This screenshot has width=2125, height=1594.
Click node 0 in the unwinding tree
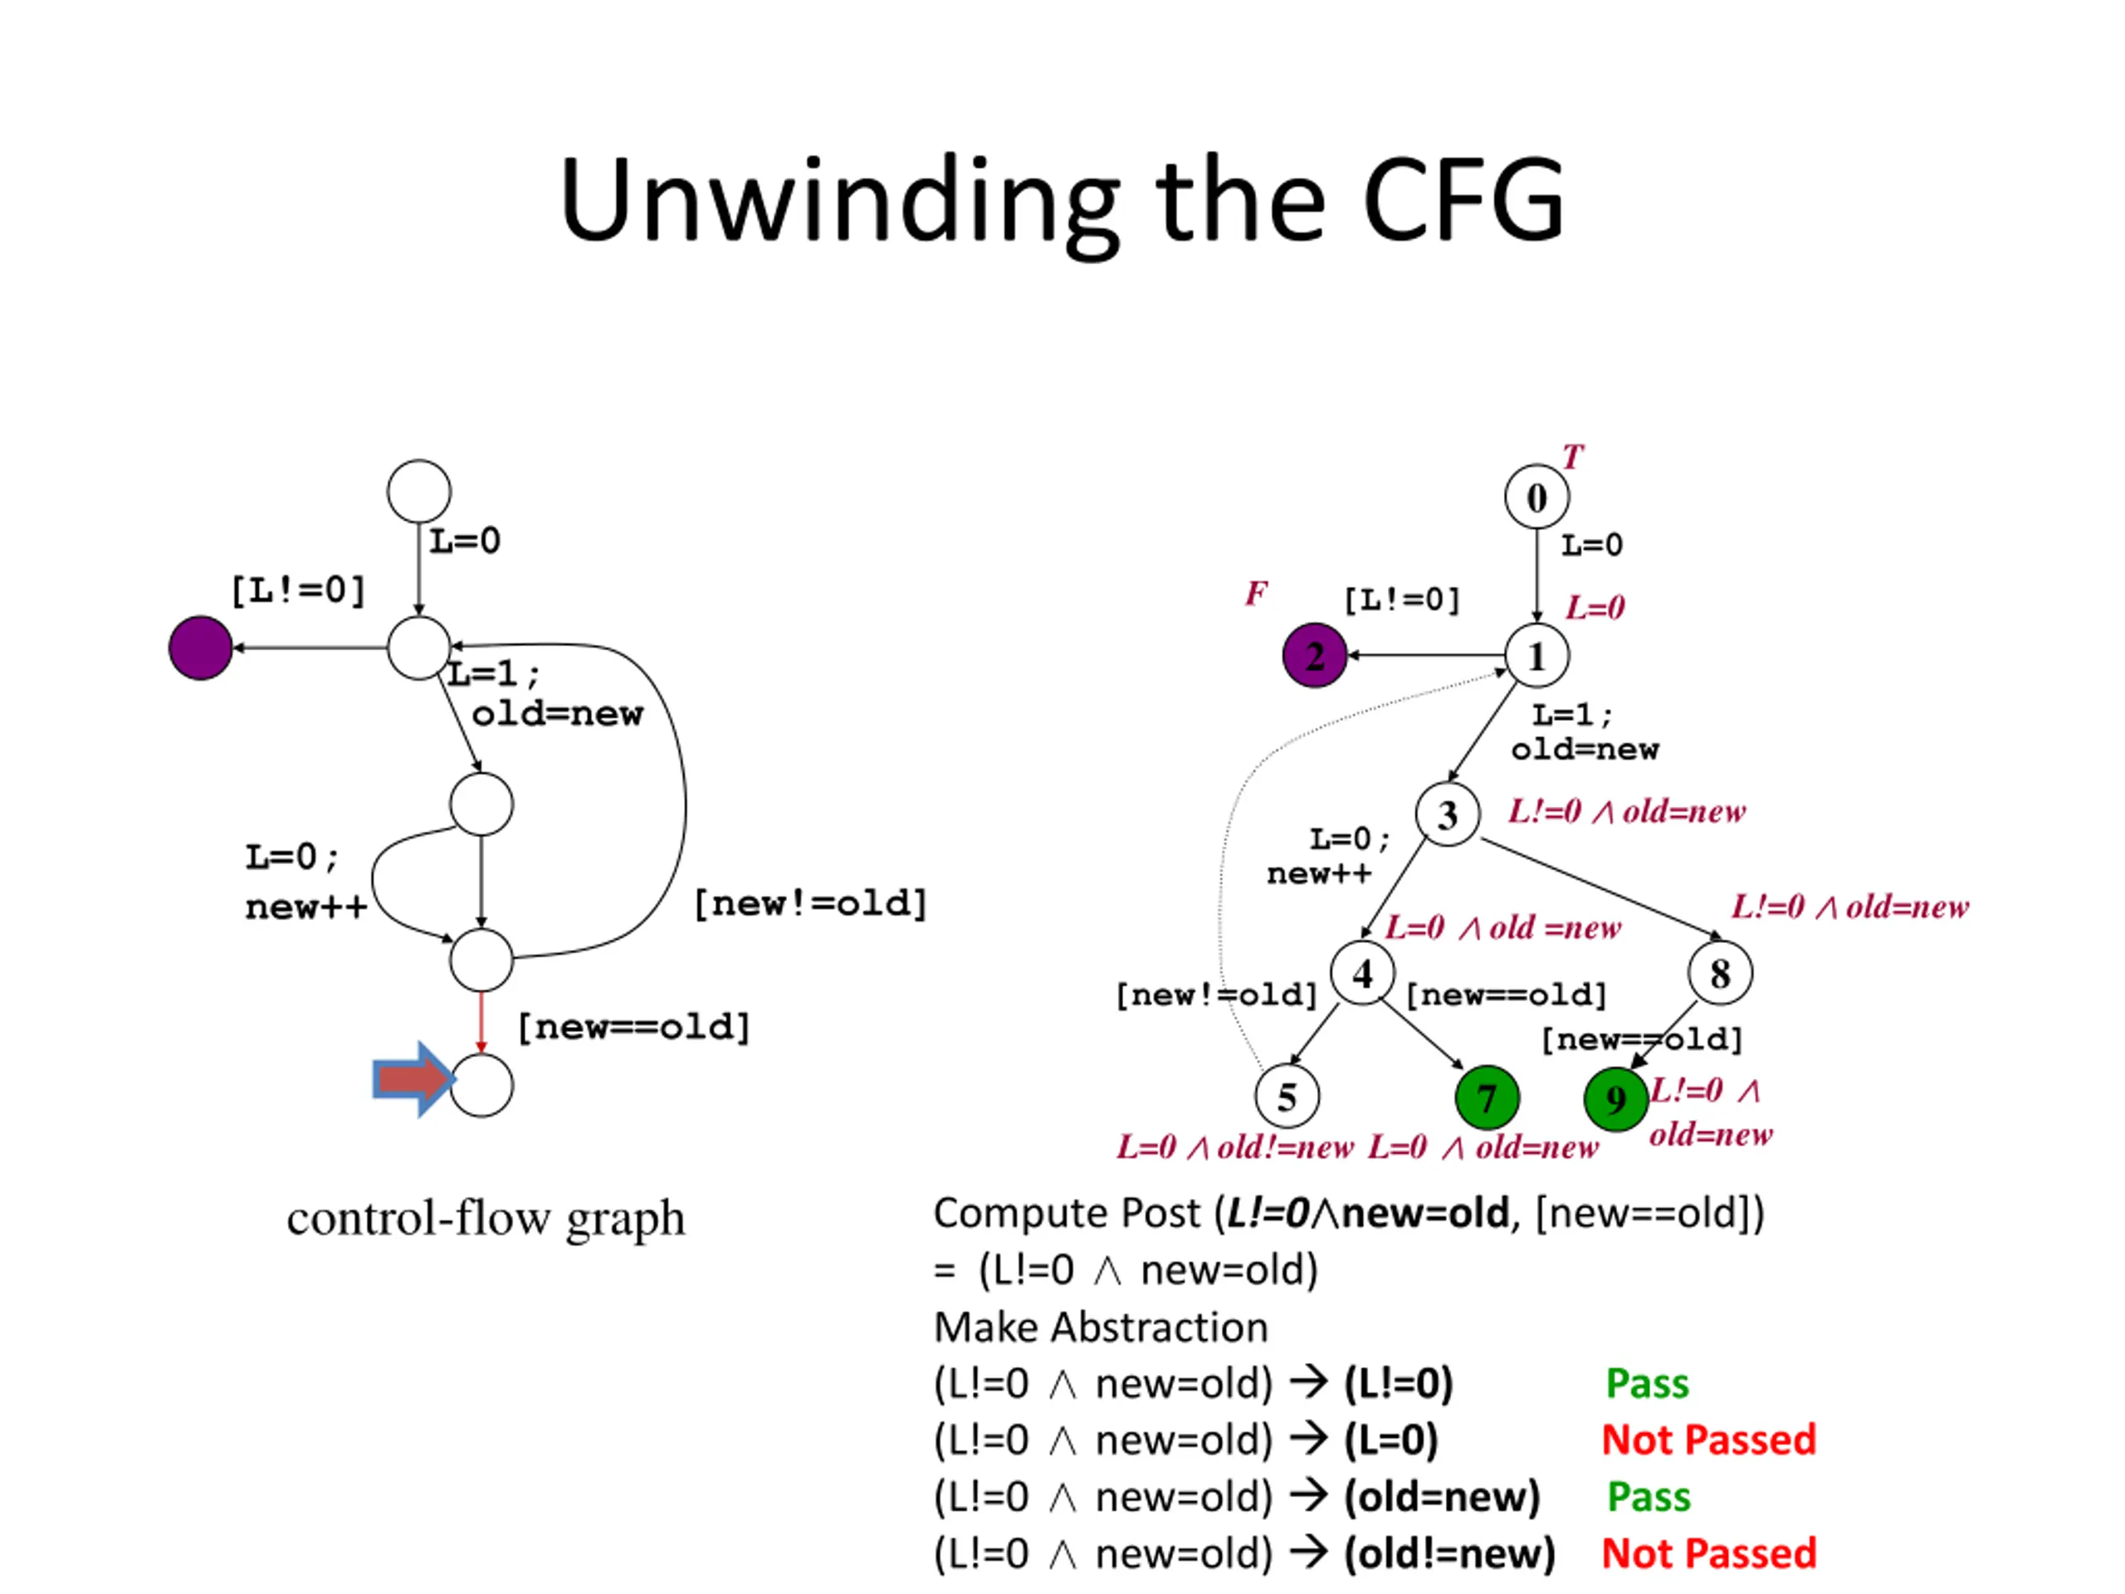tap(1536, 496)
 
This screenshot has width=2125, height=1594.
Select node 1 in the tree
tap(1536, 656)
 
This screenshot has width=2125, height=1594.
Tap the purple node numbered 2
tap(1314, 656)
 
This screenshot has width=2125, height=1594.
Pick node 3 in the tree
tap(1447, 814)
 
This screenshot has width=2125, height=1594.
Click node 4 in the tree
tap(1362, 973)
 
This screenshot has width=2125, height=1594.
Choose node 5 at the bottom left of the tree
tap(1287, 1097)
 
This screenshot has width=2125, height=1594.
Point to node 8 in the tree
tap(1720, 973)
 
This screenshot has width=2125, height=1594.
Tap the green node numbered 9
tap(1616, 1099)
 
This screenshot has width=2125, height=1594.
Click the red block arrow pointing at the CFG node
tap(413, 1079)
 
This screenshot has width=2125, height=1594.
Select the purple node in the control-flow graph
tap(200, 648)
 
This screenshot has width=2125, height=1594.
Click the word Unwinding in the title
tap(840, 202)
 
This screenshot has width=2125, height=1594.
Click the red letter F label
tap(1256, 594)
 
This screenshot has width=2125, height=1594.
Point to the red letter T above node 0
tap(1571, 457)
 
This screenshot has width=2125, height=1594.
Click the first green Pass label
tap(1647, 1384)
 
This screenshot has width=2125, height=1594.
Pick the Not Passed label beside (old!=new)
tap(1709, 1553)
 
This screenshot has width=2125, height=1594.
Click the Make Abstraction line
tap(1101, 1327)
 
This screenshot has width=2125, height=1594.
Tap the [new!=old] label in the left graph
tap(810, 903)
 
